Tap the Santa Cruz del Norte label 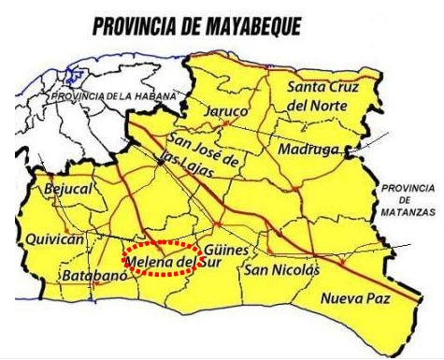(x=321, y=96)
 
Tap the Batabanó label (x=91, y=277)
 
